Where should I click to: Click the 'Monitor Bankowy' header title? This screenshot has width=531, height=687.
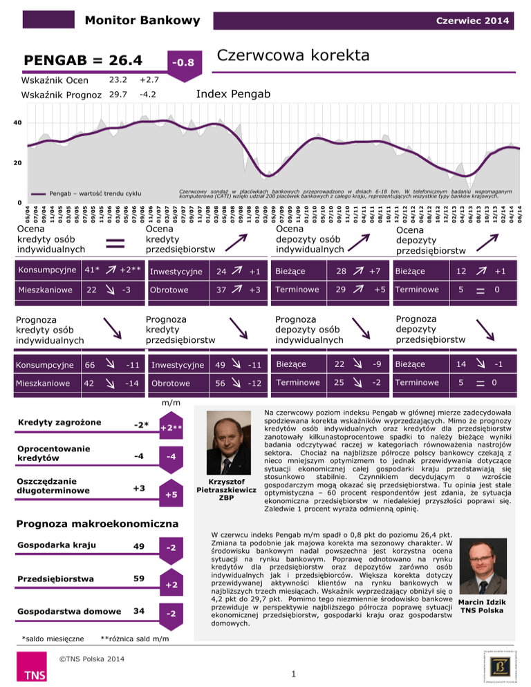(137, 21)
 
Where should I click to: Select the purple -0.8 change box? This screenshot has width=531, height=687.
(185, 63)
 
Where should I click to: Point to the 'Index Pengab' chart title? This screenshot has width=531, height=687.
(232, 93)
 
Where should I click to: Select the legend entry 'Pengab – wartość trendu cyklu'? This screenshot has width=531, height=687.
(95, 194)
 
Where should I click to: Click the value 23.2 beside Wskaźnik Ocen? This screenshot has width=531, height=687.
(119, 79)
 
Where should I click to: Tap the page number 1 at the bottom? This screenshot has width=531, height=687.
(294, 671)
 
